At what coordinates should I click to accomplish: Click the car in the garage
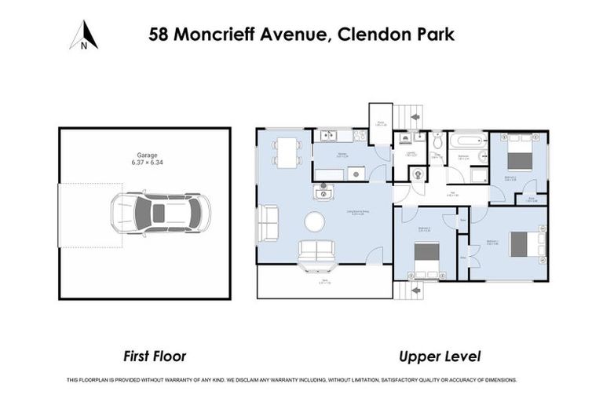click(x=160, y=212)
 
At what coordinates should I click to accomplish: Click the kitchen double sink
click(x=325, y=136)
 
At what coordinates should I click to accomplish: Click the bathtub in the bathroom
click(x=467, y=143)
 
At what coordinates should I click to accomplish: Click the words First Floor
click(x=155, y=356)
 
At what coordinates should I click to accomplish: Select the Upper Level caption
click(x=440, y=356)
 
